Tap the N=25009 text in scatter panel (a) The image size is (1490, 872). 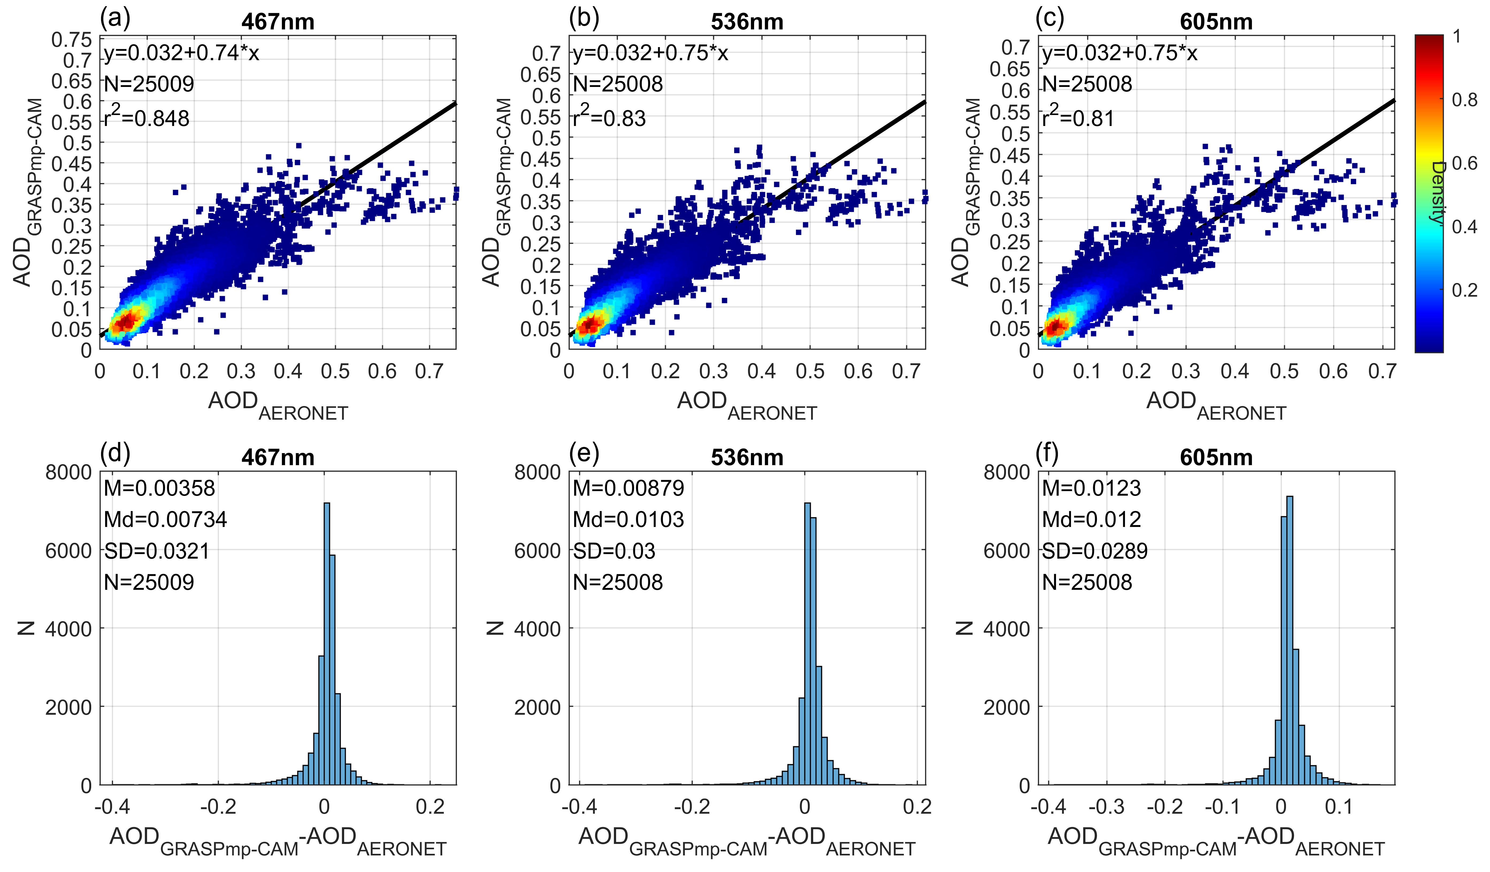point(149,84)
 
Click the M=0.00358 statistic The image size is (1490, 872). point(160,488)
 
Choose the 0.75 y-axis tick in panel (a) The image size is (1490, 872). point(72,40)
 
